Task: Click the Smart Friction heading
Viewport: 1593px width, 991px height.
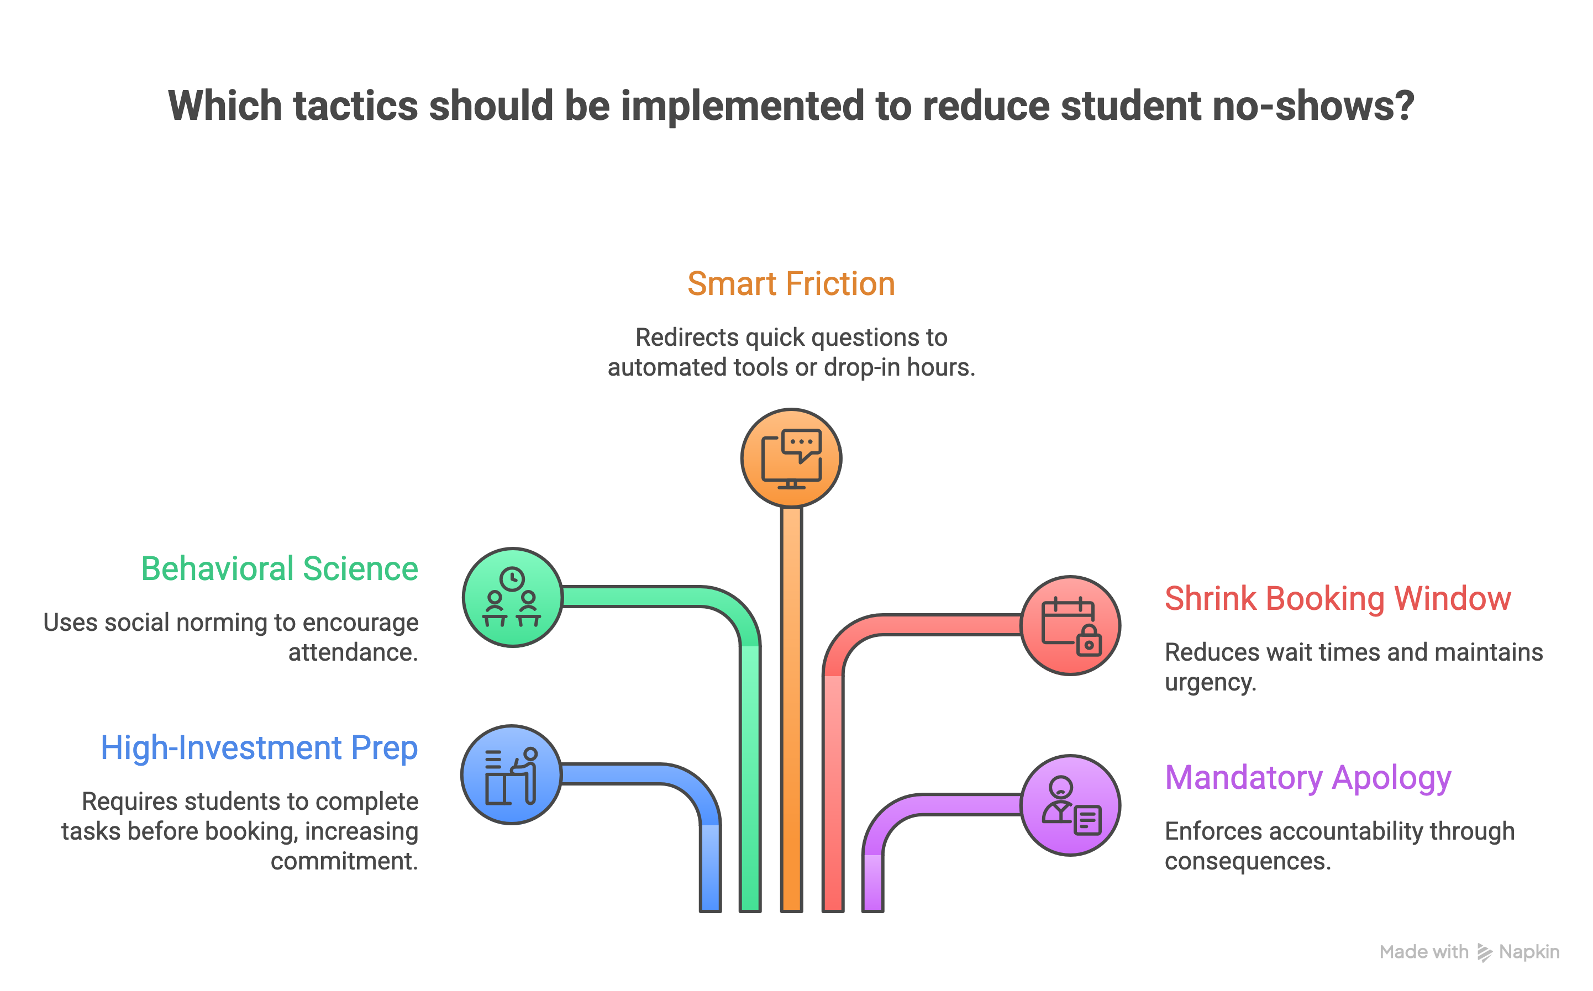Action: click(791, 284)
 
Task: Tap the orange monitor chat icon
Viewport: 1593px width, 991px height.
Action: click(791, 458)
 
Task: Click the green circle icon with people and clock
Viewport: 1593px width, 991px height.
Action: click(512, 597)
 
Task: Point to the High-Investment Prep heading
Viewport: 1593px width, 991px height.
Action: click(259, 748)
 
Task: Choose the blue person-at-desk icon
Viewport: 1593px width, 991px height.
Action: click(511, 774)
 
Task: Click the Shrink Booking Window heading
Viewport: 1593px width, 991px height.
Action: click(1337, 598)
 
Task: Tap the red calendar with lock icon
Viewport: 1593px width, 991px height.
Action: click(1070, 625)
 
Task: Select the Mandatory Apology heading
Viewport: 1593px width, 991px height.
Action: click(1308, 778)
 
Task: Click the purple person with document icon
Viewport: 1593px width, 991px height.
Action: click(1070, 805)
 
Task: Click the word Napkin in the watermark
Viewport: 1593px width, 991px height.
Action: click(1529, 952)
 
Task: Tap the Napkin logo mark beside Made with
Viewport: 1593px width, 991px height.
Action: click(1484, 952)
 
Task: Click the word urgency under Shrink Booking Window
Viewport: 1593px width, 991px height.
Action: click(1210, 682)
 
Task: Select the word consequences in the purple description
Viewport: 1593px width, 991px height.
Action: click(1247, 861)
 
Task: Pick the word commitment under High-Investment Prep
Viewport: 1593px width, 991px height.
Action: click(344, 861)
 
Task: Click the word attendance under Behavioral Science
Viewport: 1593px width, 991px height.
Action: click(353, 653)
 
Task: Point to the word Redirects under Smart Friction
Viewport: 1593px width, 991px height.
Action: click(686, 338)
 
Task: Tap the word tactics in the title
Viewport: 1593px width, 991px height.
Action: click(355, 106)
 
